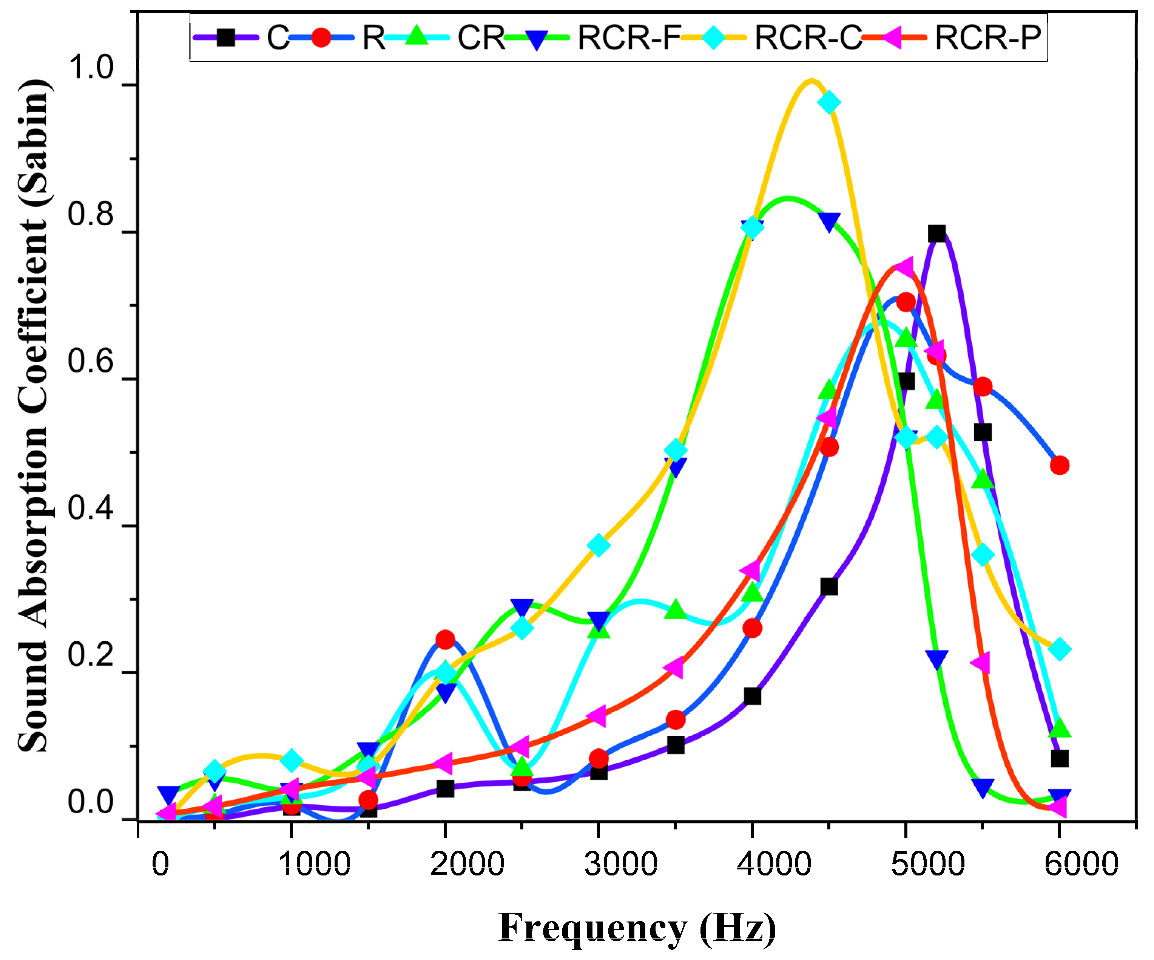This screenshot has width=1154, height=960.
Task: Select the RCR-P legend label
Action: pyautogui.click(x=987, y=37)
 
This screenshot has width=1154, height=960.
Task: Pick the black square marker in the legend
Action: pyautogui.click(x=226, y=37)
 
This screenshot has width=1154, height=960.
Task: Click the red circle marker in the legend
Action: pyautogui.click(x=321, y=37)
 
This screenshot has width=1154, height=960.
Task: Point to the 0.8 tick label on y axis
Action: pyautogui.click(x=91, y=214)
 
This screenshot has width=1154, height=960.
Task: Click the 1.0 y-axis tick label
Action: pyautogui.click(x=91, y=68)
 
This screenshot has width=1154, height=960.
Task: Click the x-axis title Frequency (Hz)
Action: pyautogui.click(x=637, y=928)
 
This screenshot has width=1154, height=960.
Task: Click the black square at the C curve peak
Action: pyautogui.click(x=937, y=234)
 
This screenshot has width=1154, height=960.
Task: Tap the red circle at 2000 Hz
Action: pyautogui.click(x=445, y=639)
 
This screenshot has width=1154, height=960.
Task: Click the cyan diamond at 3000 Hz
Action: pyautogui.click(x=599, y=545)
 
